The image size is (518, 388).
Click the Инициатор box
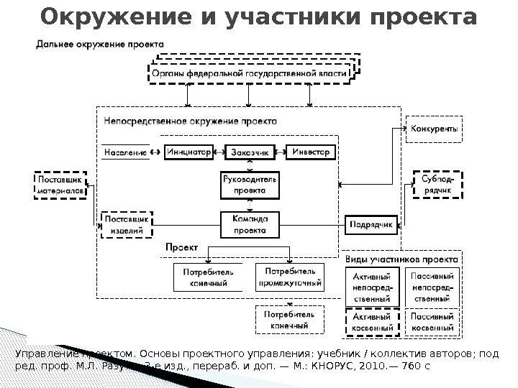click(189, 152)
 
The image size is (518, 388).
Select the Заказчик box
click(250, 152)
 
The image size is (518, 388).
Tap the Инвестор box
click(311, 152)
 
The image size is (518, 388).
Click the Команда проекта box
click(250, 224)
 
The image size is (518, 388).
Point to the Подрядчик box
click(371, 225)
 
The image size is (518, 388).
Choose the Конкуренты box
click(435, 129)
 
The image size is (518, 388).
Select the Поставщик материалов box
click(60, 185)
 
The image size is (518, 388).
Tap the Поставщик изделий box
click(127, 225)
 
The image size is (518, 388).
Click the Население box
click(125, 152)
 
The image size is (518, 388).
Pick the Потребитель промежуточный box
click(289, 277)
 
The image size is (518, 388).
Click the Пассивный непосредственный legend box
click(431, 287)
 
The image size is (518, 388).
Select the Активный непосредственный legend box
click(371, 287)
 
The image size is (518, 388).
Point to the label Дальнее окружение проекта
click(100, 44)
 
